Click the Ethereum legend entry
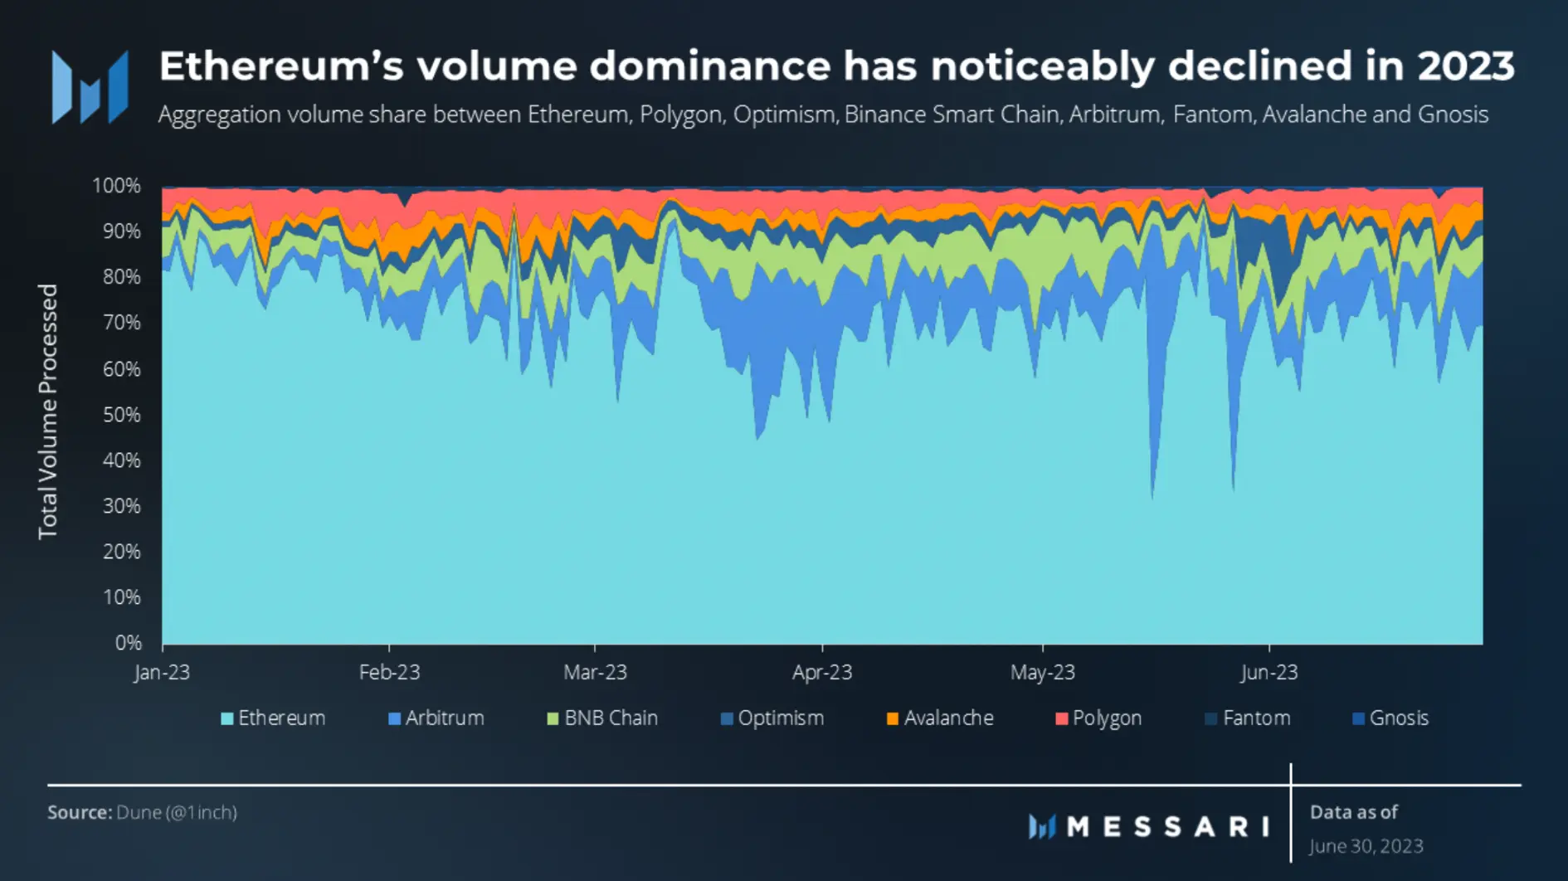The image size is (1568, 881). (273, 718)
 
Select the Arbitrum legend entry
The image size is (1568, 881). (436, 718)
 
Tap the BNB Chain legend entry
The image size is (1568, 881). (602, 718)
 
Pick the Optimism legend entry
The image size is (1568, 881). (772, 718)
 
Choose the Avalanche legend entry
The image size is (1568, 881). (940, 718)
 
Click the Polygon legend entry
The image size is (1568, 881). (1098, 718)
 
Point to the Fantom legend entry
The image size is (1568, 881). (1248, 718)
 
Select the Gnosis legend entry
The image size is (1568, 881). (1390, 718)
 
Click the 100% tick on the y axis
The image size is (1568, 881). (116, 186)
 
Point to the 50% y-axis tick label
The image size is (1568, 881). (121, 415)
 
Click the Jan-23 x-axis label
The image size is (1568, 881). (163, 673)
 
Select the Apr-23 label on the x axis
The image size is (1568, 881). (822, 673)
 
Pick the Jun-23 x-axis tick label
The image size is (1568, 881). (1269, 673)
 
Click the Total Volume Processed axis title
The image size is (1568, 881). (48, 411)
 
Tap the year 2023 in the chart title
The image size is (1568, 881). (1466, 66)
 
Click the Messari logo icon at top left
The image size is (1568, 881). (90, 87)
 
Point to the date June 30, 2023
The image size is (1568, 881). (1366, 846)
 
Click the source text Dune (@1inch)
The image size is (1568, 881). (177, 812)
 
